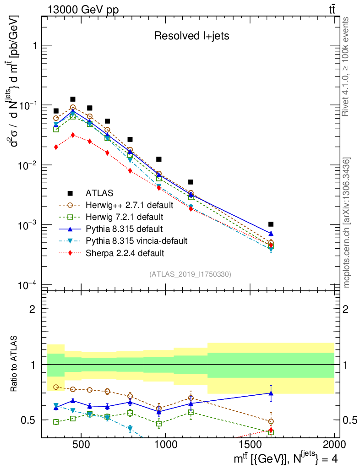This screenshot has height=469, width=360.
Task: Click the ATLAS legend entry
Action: coord(99,193)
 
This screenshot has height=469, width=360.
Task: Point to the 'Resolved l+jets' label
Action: coord(191,36)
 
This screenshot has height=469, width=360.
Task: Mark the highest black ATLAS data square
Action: coord(72,99)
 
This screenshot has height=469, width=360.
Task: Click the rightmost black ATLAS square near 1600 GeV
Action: coord(271,224)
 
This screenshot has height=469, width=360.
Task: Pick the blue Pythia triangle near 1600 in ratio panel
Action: coord(271,393)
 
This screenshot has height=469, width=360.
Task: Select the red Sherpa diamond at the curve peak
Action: coord(72,135)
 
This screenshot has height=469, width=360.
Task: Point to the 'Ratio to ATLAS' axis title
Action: coord(15,364)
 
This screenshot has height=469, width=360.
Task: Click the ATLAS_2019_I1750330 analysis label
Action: coord(190,274)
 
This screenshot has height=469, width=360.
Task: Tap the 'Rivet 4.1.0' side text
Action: coord(347,66)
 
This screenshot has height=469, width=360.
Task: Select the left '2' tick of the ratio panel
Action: coord(33,309)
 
